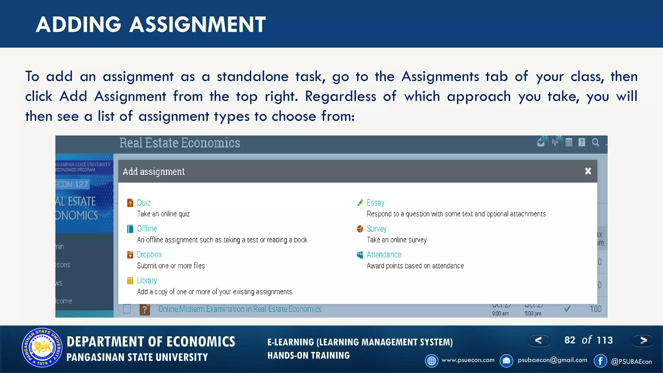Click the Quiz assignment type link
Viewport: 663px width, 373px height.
point(143,203)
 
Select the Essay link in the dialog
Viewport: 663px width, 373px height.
point(375,203)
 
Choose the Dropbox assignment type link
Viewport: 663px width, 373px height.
point(149,254)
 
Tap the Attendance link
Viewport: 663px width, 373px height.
point(384,254)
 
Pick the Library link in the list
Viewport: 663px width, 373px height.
point(147,280)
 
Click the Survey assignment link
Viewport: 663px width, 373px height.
point(376,229)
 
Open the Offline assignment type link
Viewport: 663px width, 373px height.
point(147,229)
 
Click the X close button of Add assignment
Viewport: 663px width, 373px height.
point(588,171)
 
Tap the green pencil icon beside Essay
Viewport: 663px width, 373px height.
point(360,203)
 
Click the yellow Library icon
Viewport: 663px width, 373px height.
point(130,281)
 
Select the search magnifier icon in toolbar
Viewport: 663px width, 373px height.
point(595,142)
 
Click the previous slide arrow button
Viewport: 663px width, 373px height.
point(539,340)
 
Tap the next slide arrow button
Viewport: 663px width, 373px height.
point(643,340)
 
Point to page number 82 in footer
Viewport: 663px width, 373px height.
point(570,340)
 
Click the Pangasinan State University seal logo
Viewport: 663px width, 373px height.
point(42,348)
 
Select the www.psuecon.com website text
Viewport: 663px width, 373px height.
point(468,360)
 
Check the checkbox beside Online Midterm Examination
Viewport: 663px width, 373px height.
point(127,309)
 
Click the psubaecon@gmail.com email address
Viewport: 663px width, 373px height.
point(552,360)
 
